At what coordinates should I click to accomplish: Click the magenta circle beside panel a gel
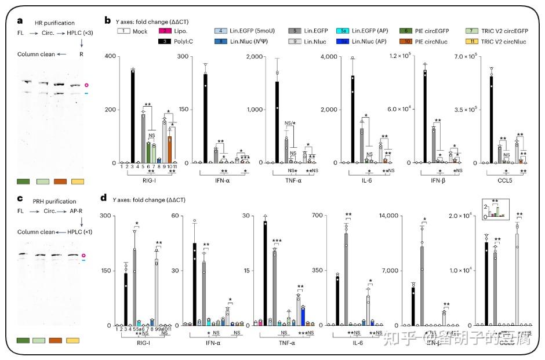pyautogui.click(x=88, y=85)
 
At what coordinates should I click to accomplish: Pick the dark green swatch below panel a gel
pyautogui.click(x=25, y=181)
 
